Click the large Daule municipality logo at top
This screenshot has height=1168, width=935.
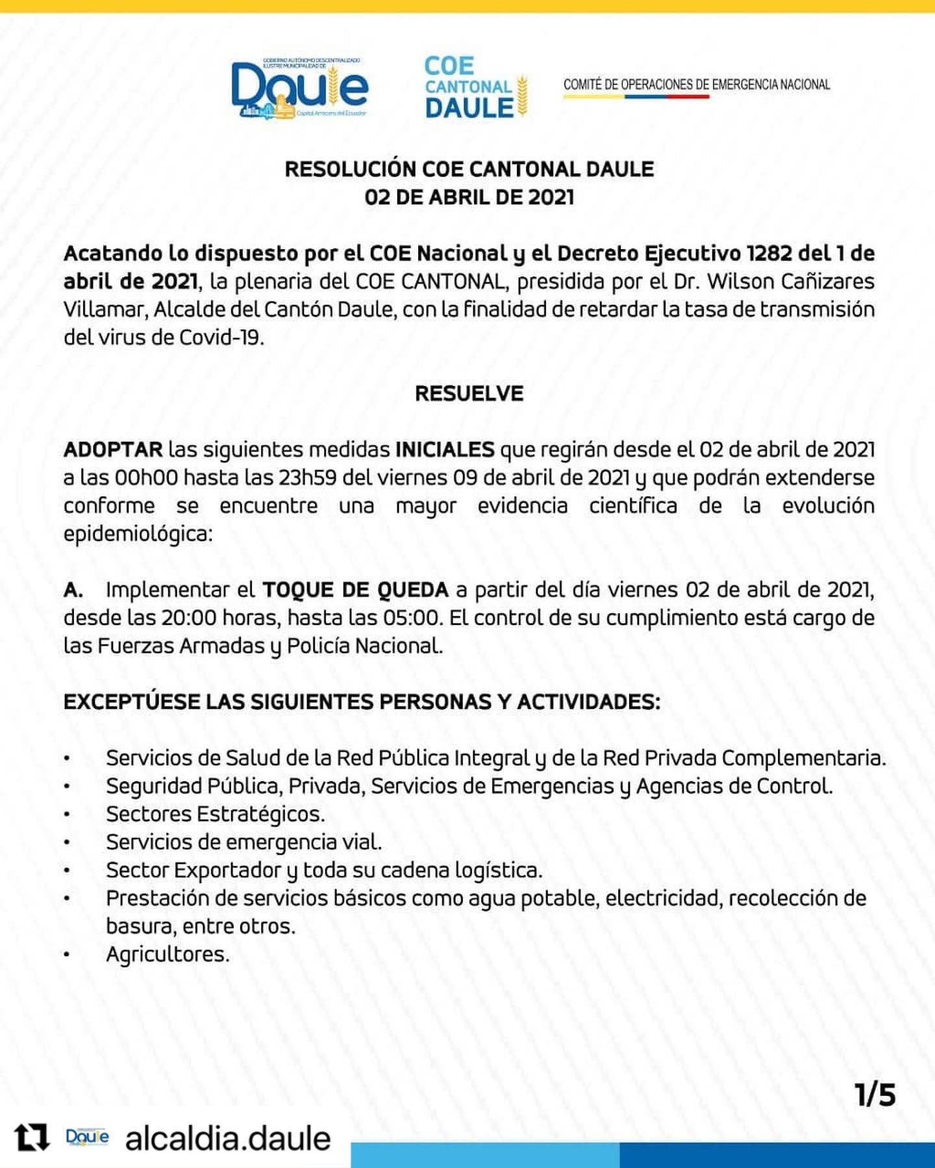tap(299, 89)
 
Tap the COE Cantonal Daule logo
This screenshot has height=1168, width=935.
tap(475, 88)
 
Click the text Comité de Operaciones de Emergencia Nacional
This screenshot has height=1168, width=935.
tap(696, 84)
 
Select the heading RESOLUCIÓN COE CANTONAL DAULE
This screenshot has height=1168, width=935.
tap(469, 169)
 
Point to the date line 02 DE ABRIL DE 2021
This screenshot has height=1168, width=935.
tap(469, 197)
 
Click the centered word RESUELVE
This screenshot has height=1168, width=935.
tap(469, 394)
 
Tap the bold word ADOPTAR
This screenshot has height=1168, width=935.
tap(113, 450)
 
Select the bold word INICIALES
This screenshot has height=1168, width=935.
tap(445, 450)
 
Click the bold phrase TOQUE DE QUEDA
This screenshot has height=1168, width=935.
tap(355, 590)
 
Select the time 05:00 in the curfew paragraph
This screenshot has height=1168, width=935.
tap(411, 618)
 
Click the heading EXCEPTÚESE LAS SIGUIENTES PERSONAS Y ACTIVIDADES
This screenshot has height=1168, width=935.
tap(362, 702)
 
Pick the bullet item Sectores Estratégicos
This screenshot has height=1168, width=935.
tap(215, 814)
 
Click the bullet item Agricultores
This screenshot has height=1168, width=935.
tap(168, 955)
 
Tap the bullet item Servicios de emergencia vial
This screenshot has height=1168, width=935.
tap(243, 842)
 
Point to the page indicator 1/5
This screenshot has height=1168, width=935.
tap(875, 1095)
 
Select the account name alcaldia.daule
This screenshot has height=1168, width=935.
tap(228, 1139)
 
